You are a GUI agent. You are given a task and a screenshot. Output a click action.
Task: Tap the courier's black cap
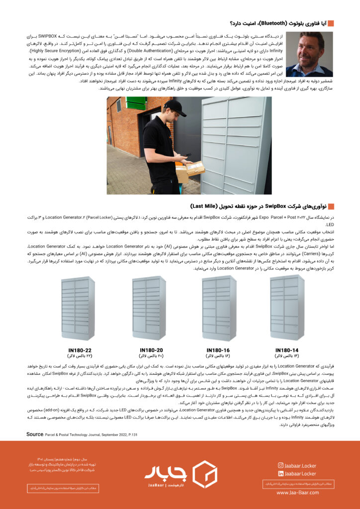(175, 107)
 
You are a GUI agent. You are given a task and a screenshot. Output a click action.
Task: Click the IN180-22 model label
(80, 349)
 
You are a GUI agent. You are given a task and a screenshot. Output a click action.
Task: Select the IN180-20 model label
(151, 349)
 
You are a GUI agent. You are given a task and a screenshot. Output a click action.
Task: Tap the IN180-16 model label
(218, 349)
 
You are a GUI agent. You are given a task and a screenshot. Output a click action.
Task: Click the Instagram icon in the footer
(281, 465)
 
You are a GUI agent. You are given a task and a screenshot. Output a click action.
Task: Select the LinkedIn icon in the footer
(281, 474)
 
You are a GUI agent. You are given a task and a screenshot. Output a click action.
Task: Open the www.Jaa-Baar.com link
(296, 493)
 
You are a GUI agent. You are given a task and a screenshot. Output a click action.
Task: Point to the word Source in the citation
(35, 434)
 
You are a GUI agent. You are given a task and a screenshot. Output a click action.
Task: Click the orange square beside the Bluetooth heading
(331, 23)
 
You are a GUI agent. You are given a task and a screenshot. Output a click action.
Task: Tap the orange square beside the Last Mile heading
(331, 206)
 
